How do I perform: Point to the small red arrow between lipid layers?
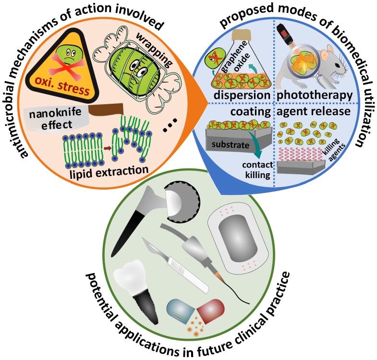point(108,142)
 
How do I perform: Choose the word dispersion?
point(242,96)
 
